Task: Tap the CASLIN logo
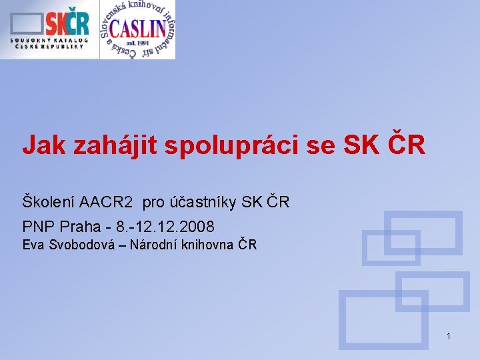click(138, 29)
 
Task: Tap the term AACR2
click(106, 201)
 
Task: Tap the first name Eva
click(33, 244)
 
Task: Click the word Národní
click(153, 244)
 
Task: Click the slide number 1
click(449, 336)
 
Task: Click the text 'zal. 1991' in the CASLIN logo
click(138, 45)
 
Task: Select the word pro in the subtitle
click(153, 201)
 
